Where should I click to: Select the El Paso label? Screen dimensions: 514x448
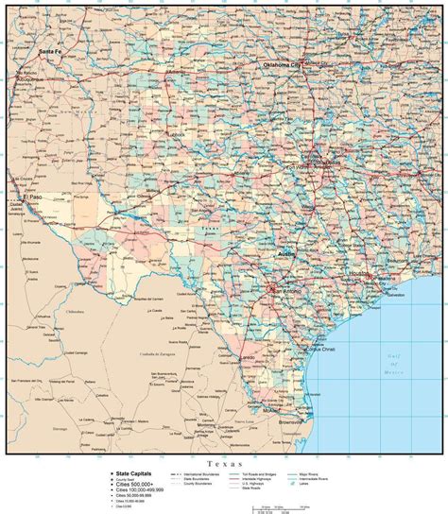coord(34,197)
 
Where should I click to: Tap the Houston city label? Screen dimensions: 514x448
coord(359,274)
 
